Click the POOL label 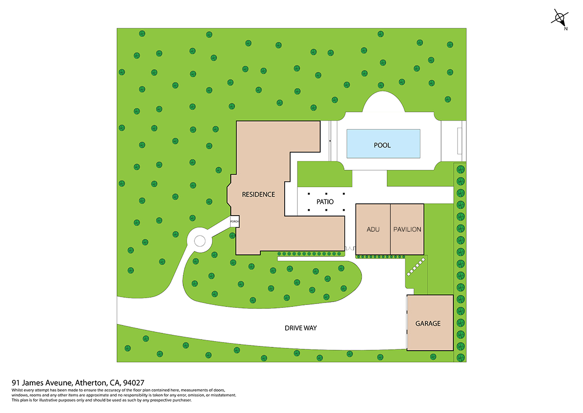pyautogui.click(x=382, y=145)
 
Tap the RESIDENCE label pyautogui.click(x=258, y=195)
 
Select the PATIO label pyautogui.click(x=325, y=202)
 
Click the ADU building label pyautogui.click(x=373, y=229)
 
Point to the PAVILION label pyautogui.click(x=407, y=229)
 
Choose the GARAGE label pyautogui.click(x=428, y=323)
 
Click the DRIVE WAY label pyautogui.click(x=301, y=328)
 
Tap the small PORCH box pyautogui.click(x=235, y=221)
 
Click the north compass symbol pyautogui.click(x=559, y=18)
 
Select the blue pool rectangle pyautogui.click(x=383, y=144)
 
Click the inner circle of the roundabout pyautogui.click(x=200, y=241)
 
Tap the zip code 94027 pyautogui.click(x=134, y=383)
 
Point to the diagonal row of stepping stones pyautogui.click(x=416, y=267)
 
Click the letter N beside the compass pyautogui.click(x=566, y=29)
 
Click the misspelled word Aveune pyautogui.click(x=59, y=383)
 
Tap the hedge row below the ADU pyautogui.click(x=380, y=257)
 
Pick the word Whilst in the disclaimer pyautogui.click(x=17, y=390)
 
